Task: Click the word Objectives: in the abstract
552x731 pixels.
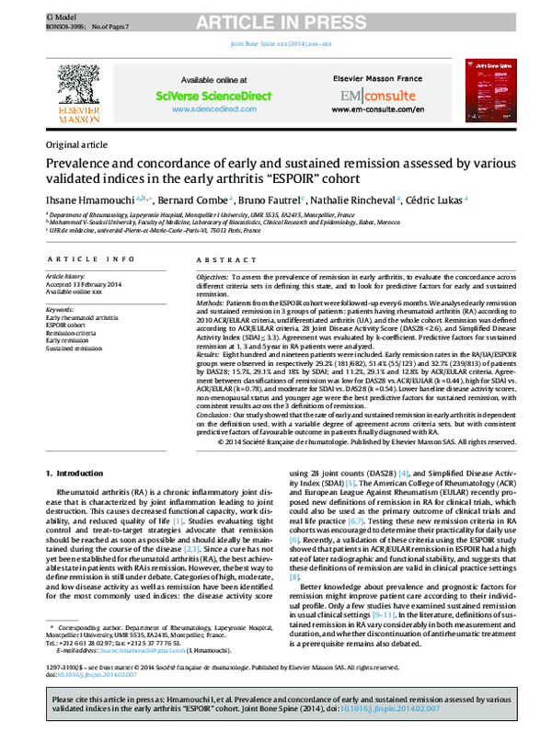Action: click(x=213, y=276)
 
